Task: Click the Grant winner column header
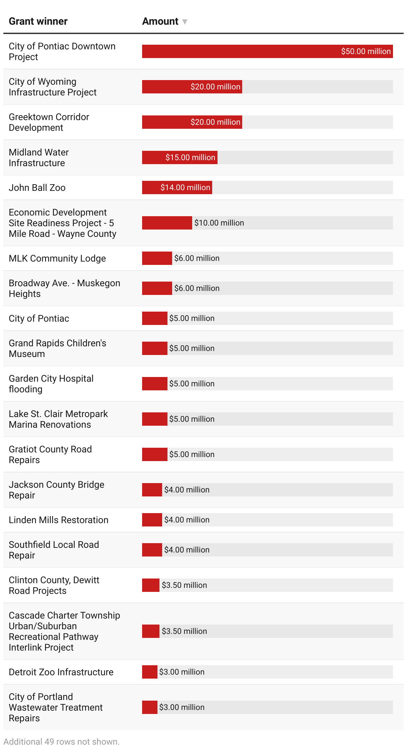pos(38,21)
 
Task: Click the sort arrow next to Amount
pos(184,22)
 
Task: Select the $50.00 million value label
pos(366,51)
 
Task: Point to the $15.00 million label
pos(190,157)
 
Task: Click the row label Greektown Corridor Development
pos(49,122)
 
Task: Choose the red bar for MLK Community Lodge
pos(157,258)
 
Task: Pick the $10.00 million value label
pos(219,223)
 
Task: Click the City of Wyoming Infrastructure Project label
pos(53,87)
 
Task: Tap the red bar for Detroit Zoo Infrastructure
pos(149,672)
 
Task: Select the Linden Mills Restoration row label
pos(58,520)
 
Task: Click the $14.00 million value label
pos(185,187)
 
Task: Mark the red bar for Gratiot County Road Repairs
pos(154,454)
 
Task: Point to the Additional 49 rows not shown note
pos(62,742)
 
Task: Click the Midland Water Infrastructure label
pos(39,157)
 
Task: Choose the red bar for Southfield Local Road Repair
pos(152,550)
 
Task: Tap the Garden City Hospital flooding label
pos(51,384)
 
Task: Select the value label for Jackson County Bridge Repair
pos(187,490)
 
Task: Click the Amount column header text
pos(160,21)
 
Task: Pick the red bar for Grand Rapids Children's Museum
pos(154,348)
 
